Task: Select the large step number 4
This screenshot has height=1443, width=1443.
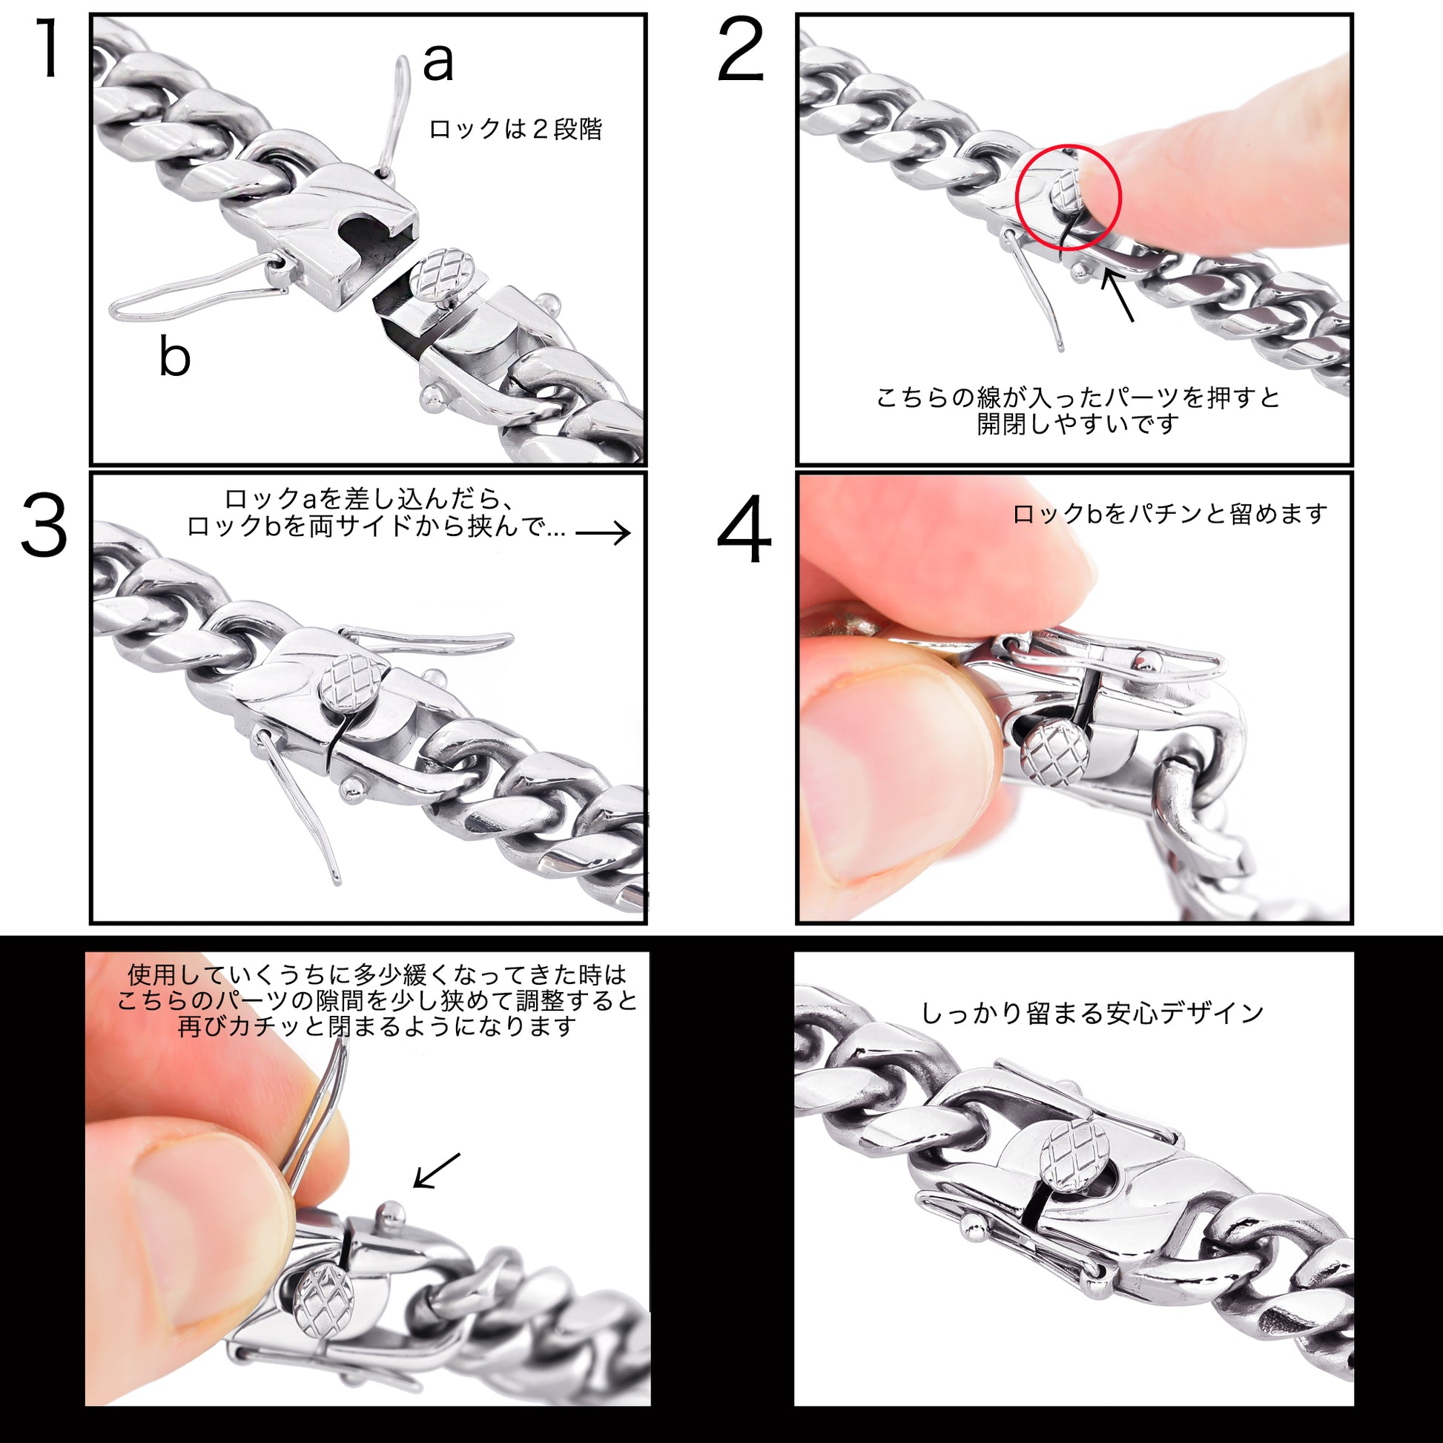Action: [743, 530]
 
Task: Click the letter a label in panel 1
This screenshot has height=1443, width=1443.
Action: [437, 63]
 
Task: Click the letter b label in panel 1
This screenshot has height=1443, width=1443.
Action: [175, 356]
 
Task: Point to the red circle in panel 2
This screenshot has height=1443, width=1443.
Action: [1069, 197]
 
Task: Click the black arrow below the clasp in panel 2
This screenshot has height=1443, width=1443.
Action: [1118, 296]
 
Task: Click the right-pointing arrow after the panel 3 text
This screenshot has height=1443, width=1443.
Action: [604, 532]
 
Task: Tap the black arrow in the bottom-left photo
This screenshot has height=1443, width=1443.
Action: [437, 1170]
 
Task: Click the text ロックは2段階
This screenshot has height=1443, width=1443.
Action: [515, 129]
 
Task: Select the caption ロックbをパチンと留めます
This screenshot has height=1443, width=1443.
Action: [1169, 514]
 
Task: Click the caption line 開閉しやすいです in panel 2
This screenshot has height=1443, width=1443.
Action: [1077, 423]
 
